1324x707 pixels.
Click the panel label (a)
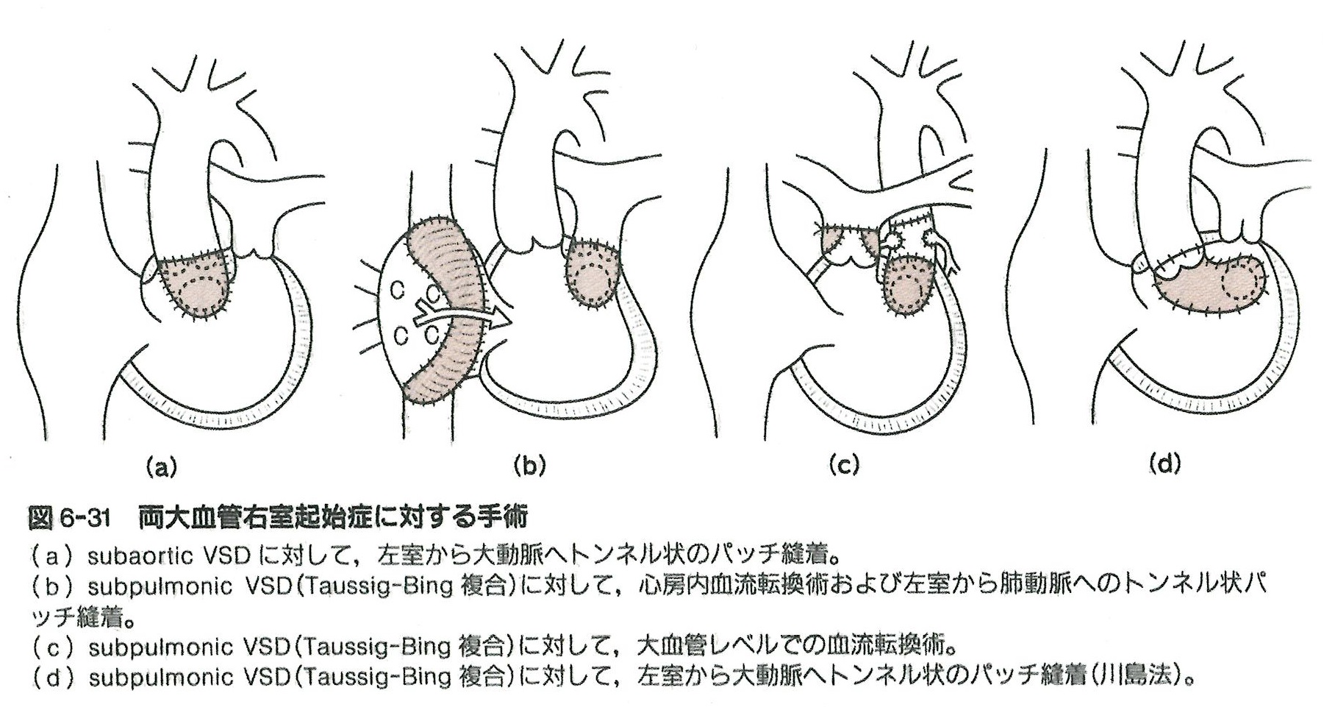point(161,466)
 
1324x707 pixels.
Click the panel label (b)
point(529,466)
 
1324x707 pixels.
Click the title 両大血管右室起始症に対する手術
point(332,518)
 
